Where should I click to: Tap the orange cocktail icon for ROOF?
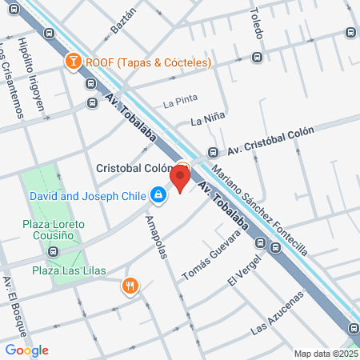tap(74, 62)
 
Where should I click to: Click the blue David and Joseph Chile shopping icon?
tap(159, 194)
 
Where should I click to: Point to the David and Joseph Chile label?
tap(90, 195)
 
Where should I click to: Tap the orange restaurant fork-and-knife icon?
tap(129, 285)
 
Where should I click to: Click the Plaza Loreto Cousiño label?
tap(54, 230)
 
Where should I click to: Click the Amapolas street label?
tap(157, 237)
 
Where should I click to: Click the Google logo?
tap(26, 350)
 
